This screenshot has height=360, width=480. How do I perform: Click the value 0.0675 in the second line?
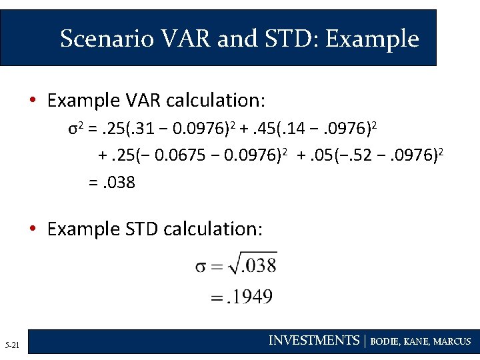[x=175, y=156]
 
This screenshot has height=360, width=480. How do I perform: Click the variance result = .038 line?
[x=112, y=182]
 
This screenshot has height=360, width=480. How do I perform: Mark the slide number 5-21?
[x=13, y=345]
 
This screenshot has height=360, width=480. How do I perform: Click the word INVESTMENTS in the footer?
[x=313, y=341]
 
